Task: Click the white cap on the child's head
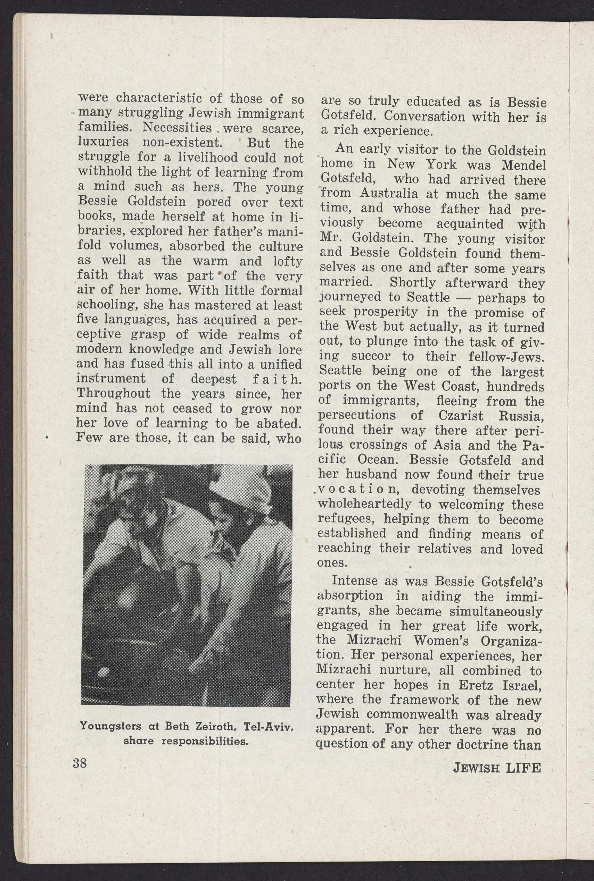pos(235,494)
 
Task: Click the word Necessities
pos(177,128)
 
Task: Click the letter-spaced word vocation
pos(357,489)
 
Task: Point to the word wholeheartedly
pos(364,505)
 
